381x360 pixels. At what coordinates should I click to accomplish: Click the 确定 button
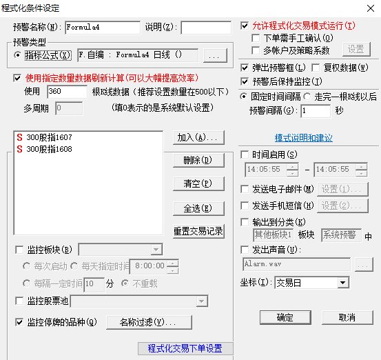[x=285, y=317]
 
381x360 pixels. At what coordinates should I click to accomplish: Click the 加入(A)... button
[x=198, y=138]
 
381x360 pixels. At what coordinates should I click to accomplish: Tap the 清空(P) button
[x=198, y=183]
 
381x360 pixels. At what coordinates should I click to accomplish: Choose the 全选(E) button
[x=198, y=208]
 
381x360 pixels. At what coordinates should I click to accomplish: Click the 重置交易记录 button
[x=198, y=231]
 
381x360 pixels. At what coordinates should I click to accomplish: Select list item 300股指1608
[x=45, y=149]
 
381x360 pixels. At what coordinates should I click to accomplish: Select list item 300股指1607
[x=45, y=137]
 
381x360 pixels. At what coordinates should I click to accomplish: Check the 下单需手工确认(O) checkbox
[x=256, y=38]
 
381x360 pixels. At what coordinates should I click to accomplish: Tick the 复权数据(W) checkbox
[x=316, y=68]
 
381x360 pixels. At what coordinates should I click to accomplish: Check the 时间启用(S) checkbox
[x=245, y=154]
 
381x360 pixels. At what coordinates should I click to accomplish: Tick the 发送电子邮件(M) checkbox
[x=245, y=189]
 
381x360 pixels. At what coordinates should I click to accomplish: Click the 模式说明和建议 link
[x=303, y=138]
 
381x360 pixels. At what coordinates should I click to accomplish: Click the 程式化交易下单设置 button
[x=185, y=348]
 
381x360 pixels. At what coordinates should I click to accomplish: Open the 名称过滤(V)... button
[x=149, y=322]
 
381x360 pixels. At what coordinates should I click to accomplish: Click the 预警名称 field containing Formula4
[x=103, y=28]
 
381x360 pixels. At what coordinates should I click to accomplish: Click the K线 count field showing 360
[x=67, y=92]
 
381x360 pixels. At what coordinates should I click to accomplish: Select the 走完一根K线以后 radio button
[x=307, y=97]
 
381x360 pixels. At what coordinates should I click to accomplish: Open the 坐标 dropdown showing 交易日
[x=312, y=283]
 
